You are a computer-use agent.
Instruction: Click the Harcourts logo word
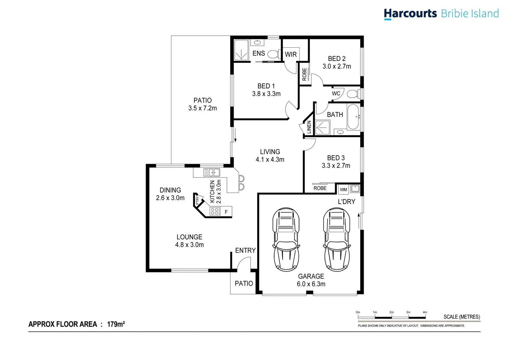click(x=410, y=14)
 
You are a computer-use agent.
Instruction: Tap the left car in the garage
click(x=286, y=239)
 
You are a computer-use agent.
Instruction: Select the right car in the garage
click(x=337, y=239)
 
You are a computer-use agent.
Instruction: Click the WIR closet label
click(x=291, y=54)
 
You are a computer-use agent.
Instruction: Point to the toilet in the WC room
click(x=353, y=94)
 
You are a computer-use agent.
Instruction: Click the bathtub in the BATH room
click(x=353, y=117)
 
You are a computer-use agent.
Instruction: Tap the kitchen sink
click(x=212, y=172)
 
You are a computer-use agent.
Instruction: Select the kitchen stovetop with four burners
click(x=214, y=211)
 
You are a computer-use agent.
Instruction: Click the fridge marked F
click(x=226, y=212)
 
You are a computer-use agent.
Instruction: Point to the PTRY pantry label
click(x=197, y=200)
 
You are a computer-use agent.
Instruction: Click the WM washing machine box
click(x=343, y=190)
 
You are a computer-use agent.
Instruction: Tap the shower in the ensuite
click(x=241, y=50)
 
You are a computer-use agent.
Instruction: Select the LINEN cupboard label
click(x=309, y=127)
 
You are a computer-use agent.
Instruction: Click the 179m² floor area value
click(x=116, y=324)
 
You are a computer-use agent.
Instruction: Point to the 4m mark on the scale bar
click(x=425, y=312)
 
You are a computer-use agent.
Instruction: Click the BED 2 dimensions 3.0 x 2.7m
click(x=337, y=66)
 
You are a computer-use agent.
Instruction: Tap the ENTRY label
click(x=245, y=250)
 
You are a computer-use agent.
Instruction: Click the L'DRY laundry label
click(x=346, y=202)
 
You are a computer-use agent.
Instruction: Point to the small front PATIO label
click(x=244, y=283)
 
